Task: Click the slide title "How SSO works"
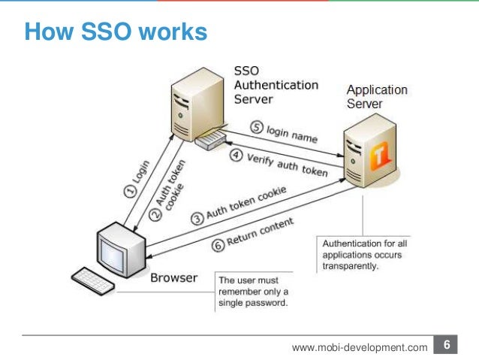pos(115,33)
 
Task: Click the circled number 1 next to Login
pos(129,192)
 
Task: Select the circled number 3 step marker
pos(197,219)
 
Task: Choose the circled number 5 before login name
pos(255,128)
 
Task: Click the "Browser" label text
pos(174,278)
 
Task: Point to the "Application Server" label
pos(376,95)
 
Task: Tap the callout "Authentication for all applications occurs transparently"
pos(365,254)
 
